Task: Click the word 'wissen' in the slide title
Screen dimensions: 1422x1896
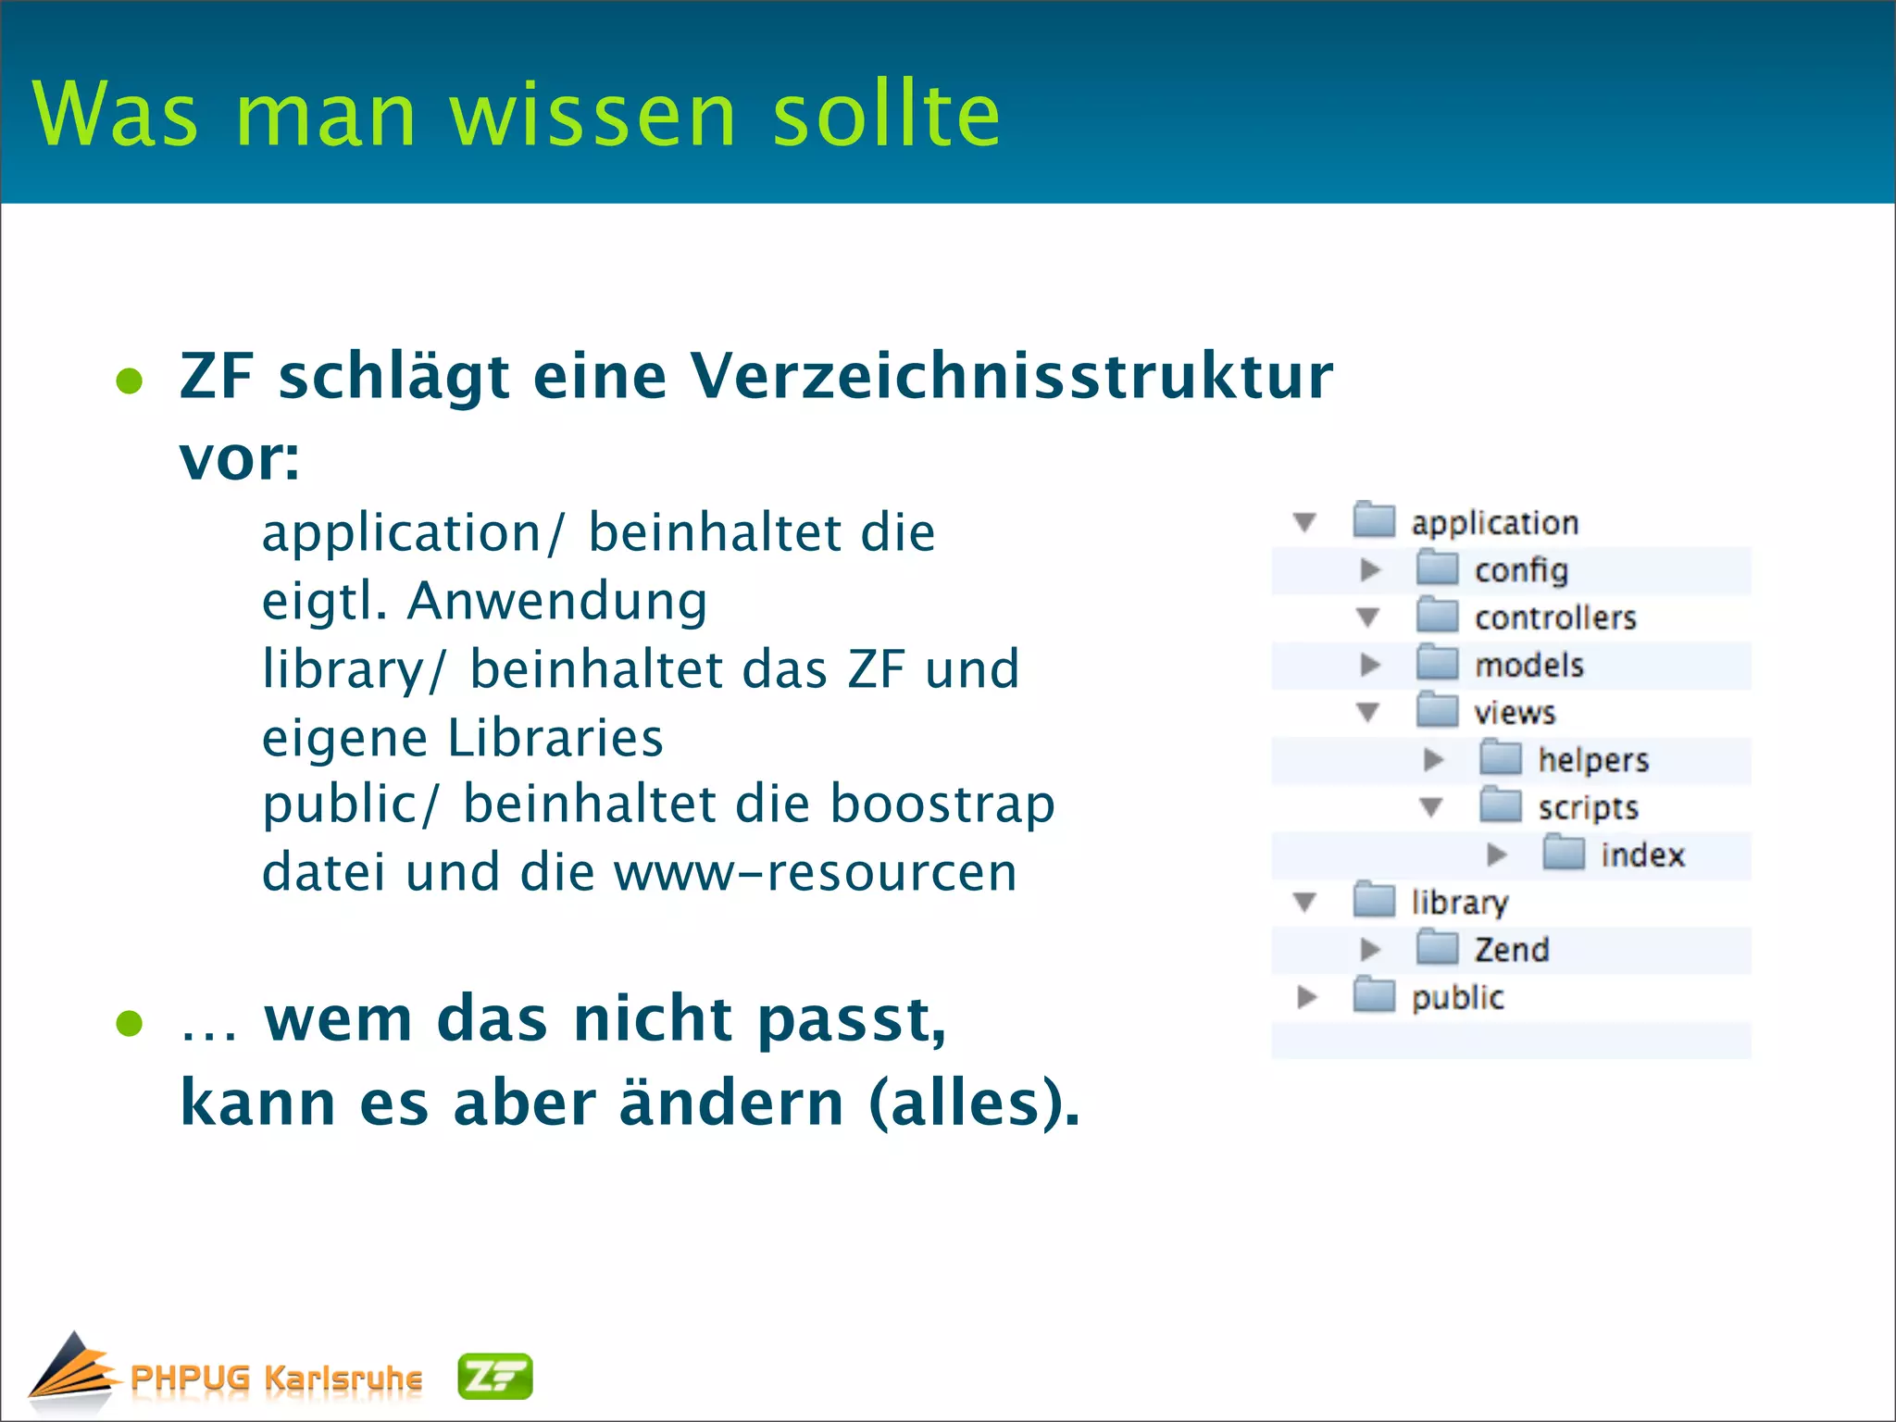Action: click(x=592, y=115)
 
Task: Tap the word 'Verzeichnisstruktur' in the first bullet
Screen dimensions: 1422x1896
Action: click(x=1011, y=376)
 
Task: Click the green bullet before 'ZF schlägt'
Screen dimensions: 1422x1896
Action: click(x=130, y=380)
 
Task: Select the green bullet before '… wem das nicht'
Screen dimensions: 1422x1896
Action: click(x=130, y=1023)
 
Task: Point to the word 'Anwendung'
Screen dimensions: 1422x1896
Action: click(x=557, y=602)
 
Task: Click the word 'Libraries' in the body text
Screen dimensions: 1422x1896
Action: click(x=555, y=738)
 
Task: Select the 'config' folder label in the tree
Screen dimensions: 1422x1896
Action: click(x=1521, y=570)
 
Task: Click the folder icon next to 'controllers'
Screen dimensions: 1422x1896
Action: click(x=1438, y=616)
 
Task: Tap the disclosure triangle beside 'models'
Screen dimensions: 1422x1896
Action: click(x=1370, y=665)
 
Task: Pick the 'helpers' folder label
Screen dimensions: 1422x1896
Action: click(x=1593, y=760)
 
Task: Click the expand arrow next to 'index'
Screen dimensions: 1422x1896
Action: click(x=1496, y=854)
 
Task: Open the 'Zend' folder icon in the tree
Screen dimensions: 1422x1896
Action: click(x=1438, y=948)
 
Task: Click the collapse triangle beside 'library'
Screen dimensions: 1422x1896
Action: click(x=1305, y=902)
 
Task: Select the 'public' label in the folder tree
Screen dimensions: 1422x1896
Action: click(x=1457, y=997)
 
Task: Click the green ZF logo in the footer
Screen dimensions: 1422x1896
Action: click(x=495, y=1377)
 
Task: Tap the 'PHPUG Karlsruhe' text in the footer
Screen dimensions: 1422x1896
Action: click(x=276, y=1378)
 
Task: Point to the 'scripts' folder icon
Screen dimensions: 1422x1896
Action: click(x=1501, y=805)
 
